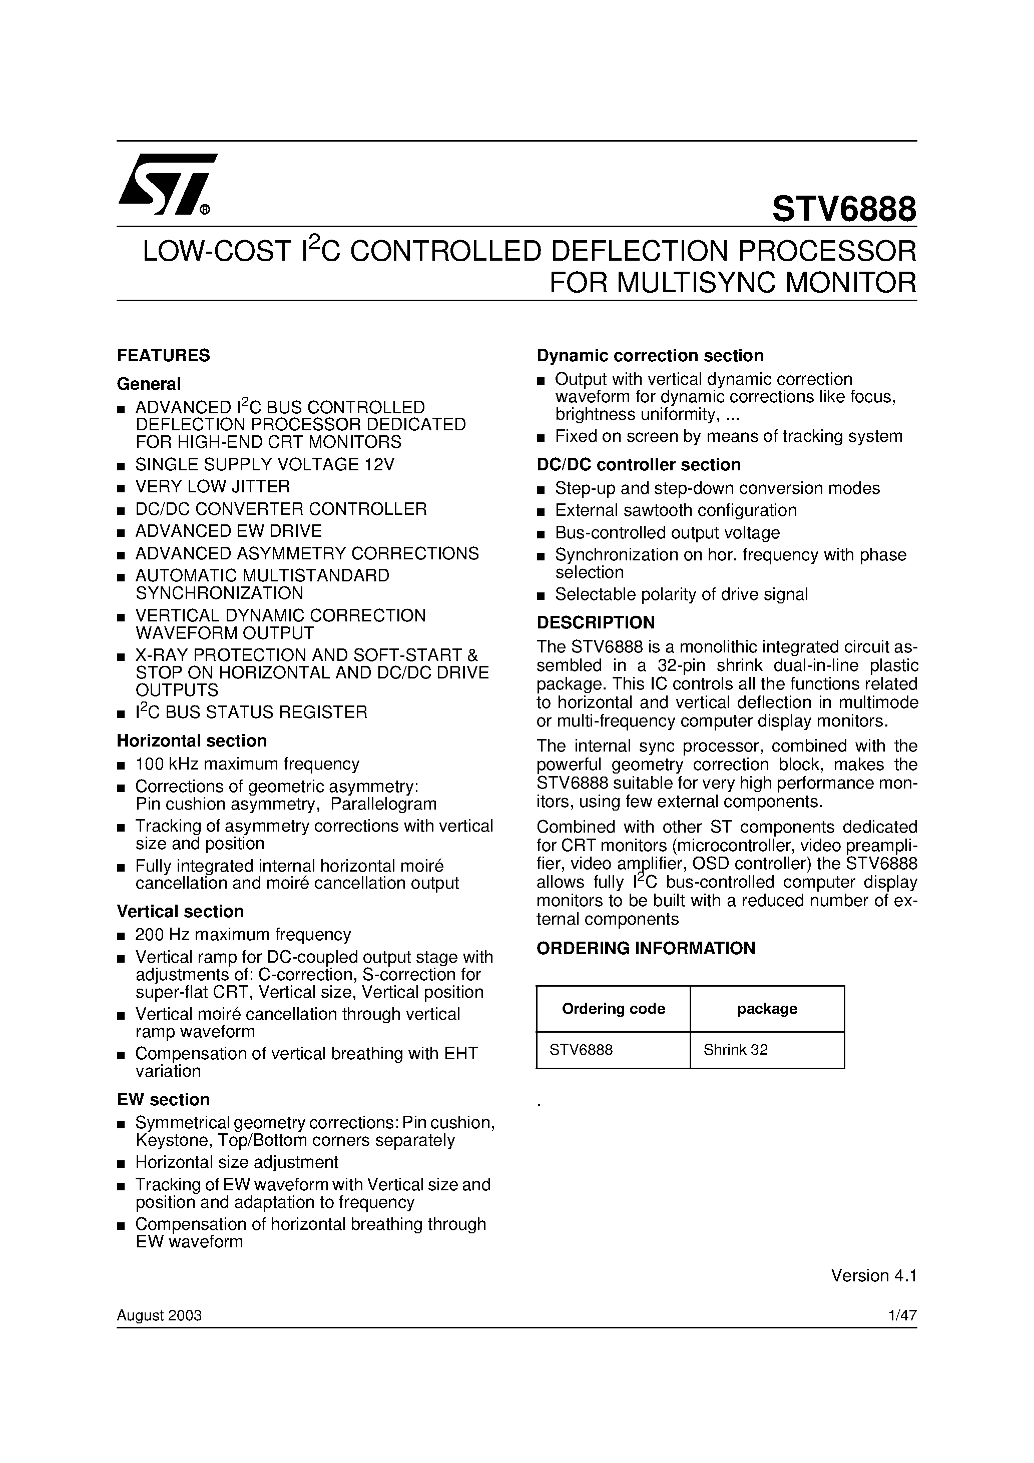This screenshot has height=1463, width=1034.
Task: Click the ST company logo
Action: click(x=167, y=185)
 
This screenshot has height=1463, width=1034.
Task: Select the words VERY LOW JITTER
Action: click(x=212, y=487)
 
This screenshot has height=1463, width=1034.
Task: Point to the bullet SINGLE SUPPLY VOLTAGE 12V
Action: click(x=265, y=464)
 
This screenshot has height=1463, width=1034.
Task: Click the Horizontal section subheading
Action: click(x=191, y=741)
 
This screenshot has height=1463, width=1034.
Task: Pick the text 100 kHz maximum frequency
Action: click(x=247, y=764)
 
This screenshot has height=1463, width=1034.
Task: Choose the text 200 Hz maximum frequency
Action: click(x=243, y=934)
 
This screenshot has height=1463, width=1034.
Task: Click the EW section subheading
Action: click(x=163, y=1099)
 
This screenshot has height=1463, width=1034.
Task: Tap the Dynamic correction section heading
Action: click(x=650, y=356)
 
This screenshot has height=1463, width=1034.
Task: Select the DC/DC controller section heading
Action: click(x=638, y=464)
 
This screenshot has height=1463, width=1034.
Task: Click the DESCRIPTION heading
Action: click(x=596, y=622)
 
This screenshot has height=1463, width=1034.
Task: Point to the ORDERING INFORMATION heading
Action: click(x=645, y=948)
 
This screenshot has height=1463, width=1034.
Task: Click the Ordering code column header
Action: click(x=613, y=1009)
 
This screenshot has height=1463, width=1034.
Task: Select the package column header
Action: click(x=767, y=1009)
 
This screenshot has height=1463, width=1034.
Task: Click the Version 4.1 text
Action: click(x=873, y=1276)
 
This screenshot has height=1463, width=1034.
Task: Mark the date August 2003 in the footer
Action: click(x=159, y=1316)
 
